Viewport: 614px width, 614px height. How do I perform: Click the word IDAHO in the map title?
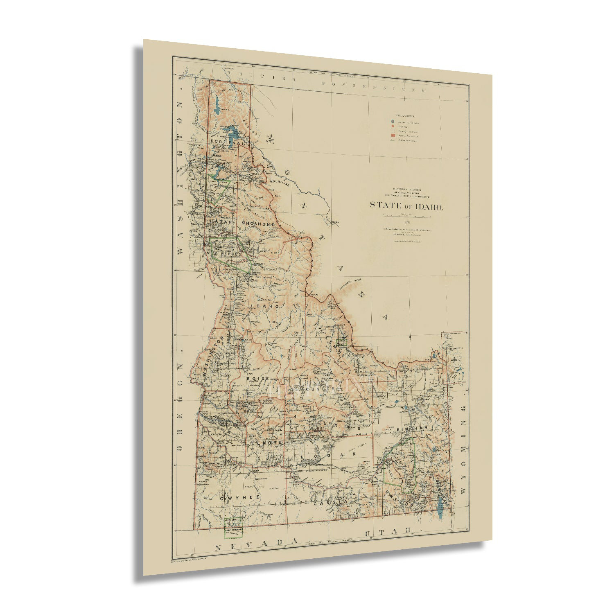click(x=429, y=206)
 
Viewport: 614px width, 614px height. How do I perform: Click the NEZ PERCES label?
click(x=224, y=254)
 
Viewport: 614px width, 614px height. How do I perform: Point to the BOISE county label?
click(x=258, y=379)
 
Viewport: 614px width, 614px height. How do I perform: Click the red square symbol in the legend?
click(x=393, y=135)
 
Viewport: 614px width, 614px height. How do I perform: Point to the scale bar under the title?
click(x=406, y=215)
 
